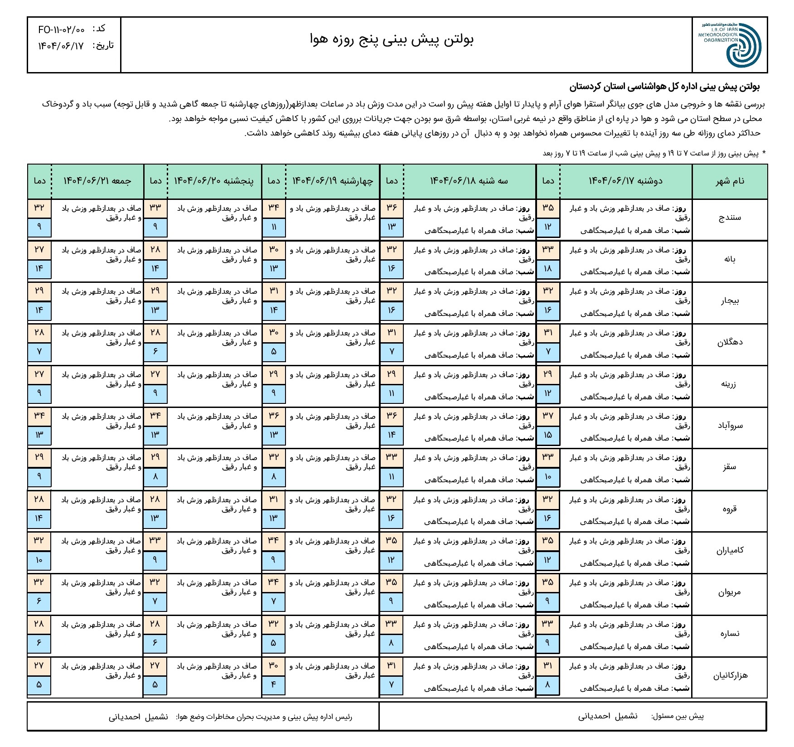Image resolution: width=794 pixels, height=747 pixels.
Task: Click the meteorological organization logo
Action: pos(730,44)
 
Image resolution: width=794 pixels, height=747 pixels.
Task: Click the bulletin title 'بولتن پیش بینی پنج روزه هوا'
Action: pos(392,40)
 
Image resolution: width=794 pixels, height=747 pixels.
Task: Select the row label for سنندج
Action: pos(729,218)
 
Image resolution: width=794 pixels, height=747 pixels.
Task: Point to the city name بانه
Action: pos(730,259)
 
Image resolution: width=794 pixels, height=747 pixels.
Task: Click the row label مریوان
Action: pos(729,592)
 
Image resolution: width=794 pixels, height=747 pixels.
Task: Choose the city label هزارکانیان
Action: pos(729,675)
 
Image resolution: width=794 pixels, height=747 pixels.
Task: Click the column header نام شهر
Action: pos(729,181)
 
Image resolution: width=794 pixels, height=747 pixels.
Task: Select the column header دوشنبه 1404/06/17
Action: pos(625,181)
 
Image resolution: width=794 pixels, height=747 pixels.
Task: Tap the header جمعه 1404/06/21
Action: pos(97,181)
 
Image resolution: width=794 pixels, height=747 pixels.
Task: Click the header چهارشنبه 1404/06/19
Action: pos(333,181)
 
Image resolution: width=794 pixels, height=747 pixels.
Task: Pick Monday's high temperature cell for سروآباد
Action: pos(547,416)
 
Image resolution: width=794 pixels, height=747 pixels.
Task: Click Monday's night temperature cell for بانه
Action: pos(547,268)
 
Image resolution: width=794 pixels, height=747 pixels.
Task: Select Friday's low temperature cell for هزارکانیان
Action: pos(39,684)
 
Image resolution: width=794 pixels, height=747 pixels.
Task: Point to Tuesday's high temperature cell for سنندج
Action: pos(392,208)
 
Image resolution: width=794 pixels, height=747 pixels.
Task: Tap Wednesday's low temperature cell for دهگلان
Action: pos(274,352)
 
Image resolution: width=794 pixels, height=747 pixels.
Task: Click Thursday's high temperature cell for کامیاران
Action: pos(155,540)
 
